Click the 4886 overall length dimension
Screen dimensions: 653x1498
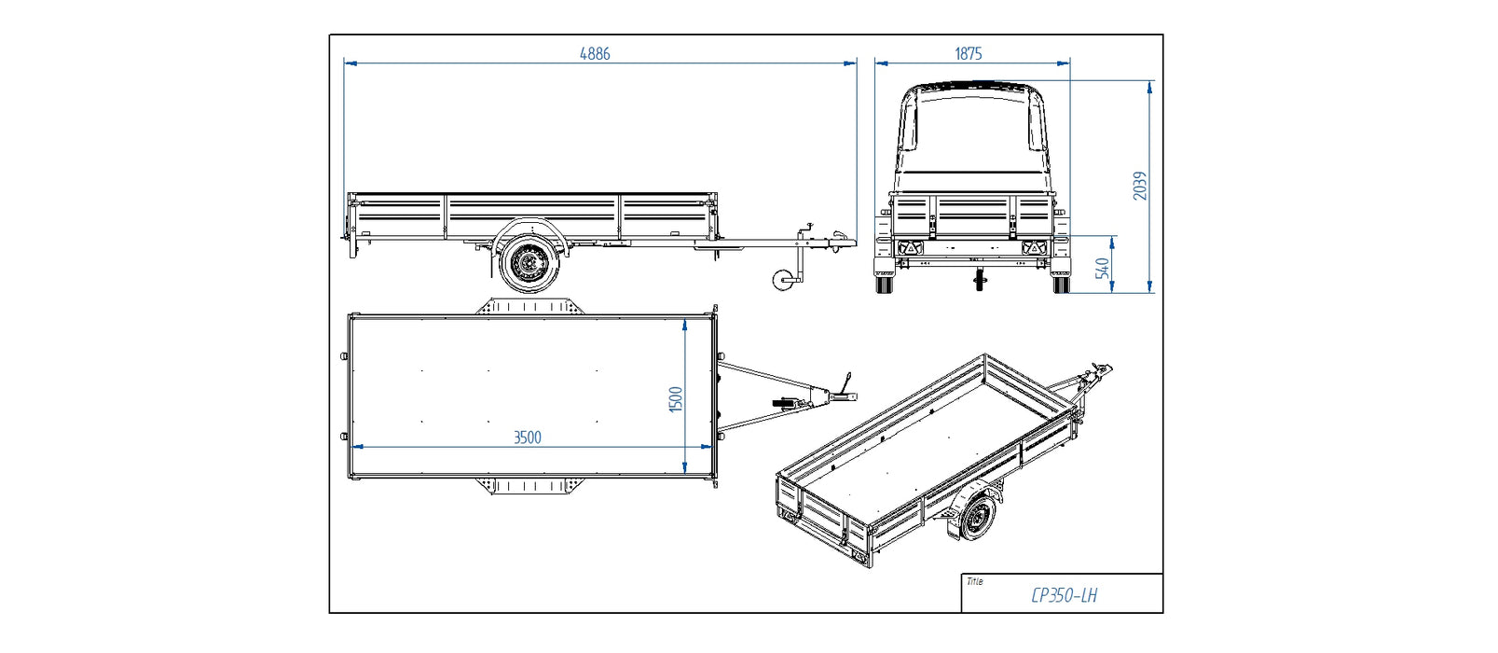pyautogui.click(x=595, y=54)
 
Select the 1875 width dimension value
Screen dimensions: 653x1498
pyautogui.click(x=969, y=54)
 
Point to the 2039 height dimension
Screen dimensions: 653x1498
pyautogui.click(x=1139, y=186)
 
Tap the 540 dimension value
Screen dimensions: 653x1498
pyautogui.click(x=1104, y=268)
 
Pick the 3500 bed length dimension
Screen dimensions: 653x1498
pyautogui.click(x=527, y=437)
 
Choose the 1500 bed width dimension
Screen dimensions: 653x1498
pyautogui.click(x=676, y=399)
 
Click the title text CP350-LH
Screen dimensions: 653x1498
pyautogui.click(x=1064, y=595)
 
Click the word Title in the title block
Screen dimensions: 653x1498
pyautogui.click(x=974, y=581)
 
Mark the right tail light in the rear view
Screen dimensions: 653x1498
pyautogui.click(x=1032, y=248)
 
